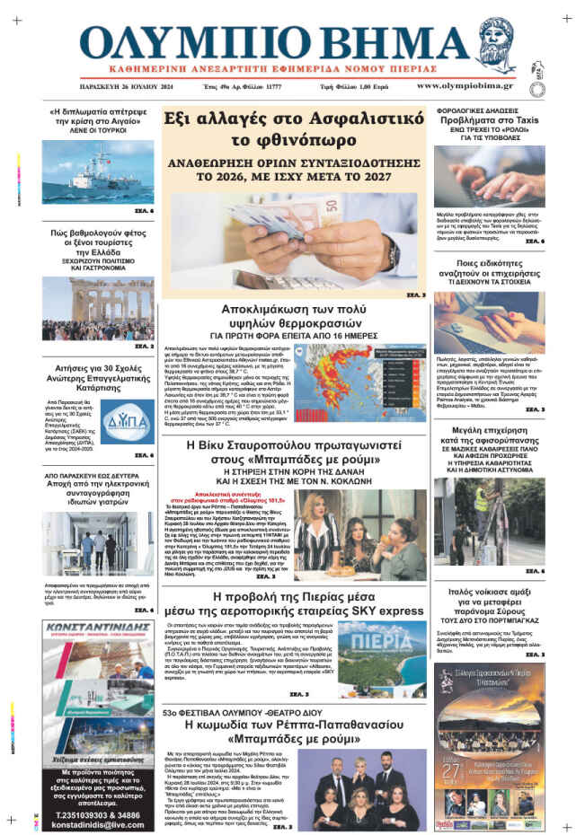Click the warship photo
pos(85,170)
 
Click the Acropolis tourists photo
pos(85,307)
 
